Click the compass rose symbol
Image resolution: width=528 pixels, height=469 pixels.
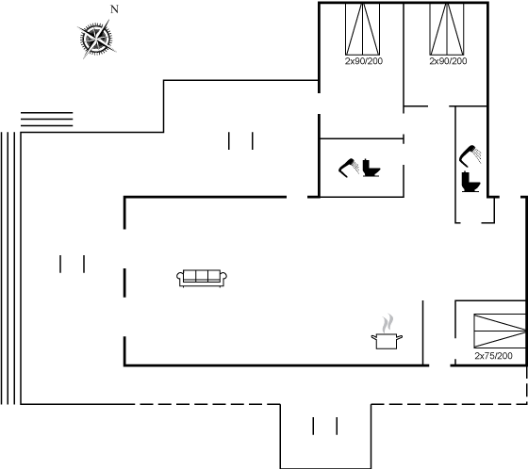(x=97, y=39)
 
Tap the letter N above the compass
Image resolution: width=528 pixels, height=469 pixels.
(x=114, y=9)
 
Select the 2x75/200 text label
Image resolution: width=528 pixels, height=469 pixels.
(x=493, y=356)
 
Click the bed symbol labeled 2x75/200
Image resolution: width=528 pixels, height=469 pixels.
(x=500, y=331)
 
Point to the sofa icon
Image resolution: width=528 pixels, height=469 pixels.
(x=202, y=278)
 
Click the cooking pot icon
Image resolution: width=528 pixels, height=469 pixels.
(x=387, y=341)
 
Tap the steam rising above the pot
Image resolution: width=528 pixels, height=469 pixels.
(x=388, y=323)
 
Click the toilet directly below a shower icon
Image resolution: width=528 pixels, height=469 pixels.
(x=470, y=182)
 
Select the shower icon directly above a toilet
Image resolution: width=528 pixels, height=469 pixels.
(x=470, y=156)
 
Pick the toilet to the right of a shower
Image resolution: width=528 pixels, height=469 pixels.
(x=371, y=168)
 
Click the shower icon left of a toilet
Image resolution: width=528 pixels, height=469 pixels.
(x=349, y=168)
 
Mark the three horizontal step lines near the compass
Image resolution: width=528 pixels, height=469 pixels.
(x=47, y=119)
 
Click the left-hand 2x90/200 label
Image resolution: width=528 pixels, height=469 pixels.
(x=364, y=61)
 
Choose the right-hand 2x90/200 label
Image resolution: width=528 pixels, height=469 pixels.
(x=448, y=61)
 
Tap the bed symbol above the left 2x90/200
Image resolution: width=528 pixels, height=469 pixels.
(x=363, y=29)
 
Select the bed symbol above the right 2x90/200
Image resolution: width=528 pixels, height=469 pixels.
(x=447, y=29)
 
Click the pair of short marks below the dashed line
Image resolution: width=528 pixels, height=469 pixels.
(x=325, y=426)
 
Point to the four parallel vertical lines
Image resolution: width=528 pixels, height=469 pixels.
(x=8, y=268)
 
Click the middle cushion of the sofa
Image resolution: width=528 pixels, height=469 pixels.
(x=202, y=276)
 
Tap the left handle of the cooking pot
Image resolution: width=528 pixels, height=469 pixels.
(x=373, y=337)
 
